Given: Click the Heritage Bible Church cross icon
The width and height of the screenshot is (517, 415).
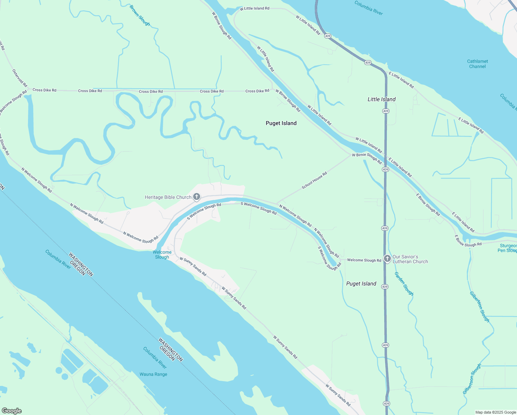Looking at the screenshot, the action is tap(196, 197).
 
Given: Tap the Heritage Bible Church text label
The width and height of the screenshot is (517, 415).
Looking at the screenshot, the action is tap(168, 197).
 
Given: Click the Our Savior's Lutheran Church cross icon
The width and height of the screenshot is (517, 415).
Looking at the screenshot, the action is tap(387, 259).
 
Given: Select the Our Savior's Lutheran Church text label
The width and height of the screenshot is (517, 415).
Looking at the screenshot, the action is tap(410, 259).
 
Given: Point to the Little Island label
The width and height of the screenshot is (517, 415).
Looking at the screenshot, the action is tap(382, 99).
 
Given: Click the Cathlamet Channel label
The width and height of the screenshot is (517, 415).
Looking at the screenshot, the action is tap(477, 64).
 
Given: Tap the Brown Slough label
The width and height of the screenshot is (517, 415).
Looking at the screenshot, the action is tap(140, 15).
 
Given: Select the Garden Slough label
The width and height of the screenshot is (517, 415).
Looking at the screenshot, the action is tap(404, 284).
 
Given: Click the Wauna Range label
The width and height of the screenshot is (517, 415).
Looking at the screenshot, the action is tap(153, 374).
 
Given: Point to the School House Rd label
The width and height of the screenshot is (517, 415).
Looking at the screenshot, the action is tap(314, 181).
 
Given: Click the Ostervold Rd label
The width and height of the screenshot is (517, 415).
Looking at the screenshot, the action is tap(20, 78).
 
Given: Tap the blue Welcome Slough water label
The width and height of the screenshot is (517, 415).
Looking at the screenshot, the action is tap(162, 255).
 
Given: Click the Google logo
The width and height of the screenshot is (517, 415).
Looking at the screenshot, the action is tap(12, 411).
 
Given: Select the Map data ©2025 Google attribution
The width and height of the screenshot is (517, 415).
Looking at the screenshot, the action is tap(495, 412).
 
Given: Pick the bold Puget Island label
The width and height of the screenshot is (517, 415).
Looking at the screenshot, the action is tap(281, 123).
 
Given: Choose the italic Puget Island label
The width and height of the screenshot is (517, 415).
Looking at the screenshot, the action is tap(361, 284).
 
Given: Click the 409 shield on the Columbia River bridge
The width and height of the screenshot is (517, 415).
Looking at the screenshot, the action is tap(328, 36).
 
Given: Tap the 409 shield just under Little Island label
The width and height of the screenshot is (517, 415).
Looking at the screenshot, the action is tap(386, 111).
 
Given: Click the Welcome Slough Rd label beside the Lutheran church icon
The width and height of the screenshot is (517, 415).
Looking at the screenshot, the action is tap(364, 260).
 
